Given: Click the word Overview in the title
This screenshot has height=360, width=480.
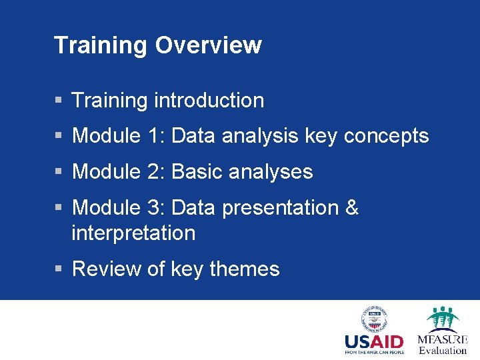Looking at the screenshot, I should point(208,45).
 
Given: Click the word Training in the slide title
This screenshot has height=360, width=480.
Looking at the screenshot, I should point(101,45).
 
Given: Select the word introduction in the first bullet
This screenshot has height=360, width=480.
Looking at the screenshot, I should point(209,101).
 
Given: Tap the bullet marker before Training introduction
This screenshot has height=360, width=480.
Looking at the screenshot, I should point(59,101).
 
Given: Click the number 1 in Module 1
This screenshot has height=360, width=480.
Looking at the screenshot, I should point(153,136).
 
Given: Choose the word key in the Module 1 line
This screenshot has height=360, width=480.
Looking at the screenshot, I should point(321,137).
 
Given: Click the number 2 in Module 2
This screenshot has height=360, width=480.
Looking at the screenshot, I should point(154,172).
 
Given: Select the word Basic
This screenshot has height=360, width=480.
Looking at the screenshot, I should point(197,172).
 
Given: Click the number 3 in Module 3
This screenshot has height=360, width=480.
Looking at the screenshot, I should point(154,208).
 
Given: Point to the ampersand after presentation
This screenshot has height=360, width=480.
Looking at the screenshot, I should point(352,208).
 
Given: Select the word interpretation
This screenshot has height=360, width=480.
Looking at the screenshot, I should point(133,233).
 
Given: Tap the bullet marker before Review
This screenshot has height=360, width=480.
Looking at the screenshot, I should point(59,269).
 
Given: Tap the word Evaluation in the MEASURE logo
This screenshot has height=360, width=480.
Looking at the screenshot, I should point(443,351).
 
